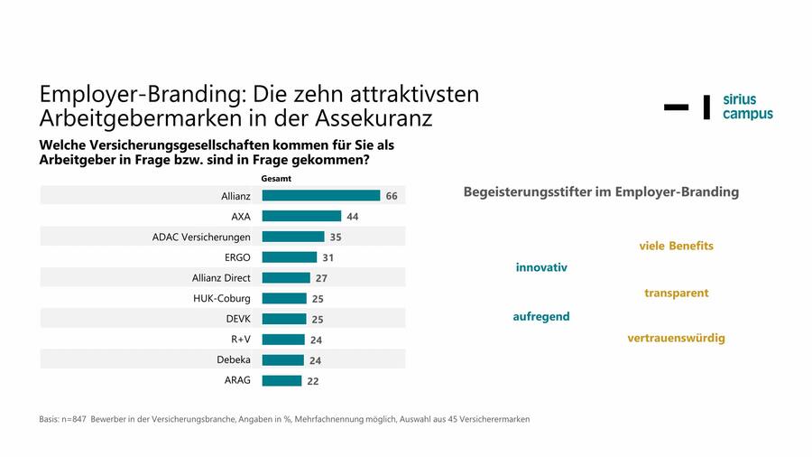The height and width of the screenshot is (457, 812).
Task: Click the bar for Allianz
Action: [x=320, y=195]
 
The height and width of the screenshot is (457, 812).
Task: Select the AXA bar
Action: [x=301, y=216]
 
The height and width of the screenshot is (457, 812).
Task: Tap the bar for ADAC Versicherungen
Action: [x=292, y=237]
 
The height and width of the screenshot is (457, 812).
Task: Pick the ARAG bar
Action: [x=281, y=380]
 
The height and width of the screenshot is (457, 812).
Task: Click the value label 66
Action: [x=392, y=196]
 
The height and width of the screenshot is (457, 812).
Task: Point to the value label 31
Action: [x=328, y=257]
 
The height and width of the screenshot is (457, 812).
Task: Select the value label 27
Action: [x=319, y=278]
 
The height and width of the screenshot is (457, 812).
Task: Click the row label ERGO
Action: [x=237, y=257]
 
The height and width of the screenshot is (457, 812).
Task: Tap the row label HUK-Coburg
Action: [x=222, y=298]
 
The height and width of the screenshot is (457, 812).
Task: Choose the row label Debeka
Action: [x=233, y=359]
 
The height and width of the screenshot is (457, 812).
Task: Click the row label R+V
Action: [x=241, y=340]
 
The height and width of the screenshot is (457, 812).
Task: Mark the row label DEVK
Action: [x=237, y=319]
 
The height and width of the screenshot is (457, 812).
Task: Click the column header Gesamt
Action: [x=276, y=179]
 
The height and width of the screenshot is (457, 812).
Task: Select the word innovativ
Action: [x=541, y=267]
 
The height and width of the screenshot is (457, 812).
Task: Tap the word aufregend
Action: [x=541, y=316]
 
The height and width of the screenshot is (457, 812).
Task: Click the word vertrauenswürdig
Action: [x=676, y=338]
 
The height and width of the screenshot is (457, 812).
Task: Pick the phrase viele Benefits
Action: [x=676, y=246]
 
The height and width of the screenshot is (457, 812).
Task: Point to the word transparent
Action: [x=676, y=293]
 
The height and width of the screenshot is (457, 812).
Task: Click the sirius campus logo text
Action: [x=747, y=107]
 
